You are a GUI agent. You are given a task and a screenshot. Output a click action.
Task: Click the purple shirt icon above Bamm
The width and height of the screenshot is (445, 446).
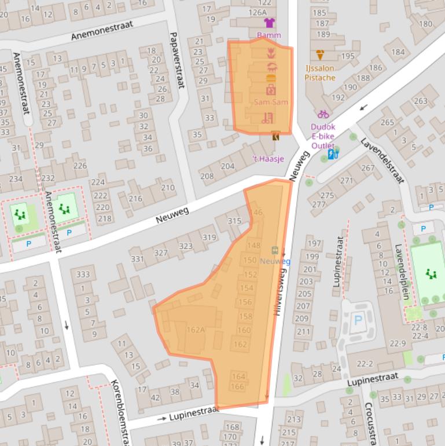pos(269,23)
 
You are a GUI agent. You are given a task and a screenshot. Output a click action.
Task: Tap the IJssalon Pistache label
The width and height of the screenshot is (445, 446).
pos(320,72)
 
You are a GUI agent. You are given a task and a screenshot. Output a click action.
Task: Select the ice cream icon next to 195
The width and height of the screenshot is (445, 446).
pos(320,55)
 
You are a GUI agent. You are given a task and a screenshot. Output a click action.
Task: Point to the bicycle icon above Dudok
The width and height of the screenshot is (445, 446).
pos(323,114)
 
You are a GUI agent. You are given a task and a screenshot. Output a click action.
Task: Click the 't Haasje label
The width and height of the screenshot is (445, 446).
pos(268,159)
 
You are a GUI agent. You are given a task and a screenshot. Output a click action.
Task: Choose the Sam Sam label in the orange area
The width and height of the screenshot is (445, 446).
pos(271,102)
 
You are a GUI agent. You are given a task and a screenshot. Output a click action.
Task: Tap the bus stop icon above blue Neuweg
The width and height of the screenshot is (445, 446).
pos(275,251)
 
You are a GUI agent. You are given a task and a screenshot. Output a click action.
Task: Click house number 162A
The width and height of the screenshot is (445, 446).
pos(196,330)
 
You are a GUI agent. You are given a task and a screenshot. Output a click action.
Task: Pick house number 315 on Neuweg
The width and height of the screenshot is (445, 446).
pos(234,221)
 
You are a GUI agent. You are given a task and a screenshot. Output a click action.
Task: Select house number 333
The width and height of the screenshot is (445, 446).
pos(83,274)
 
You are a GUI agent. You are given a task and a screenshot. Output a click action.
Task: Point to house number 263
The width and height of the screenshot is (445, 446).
pos(420,101)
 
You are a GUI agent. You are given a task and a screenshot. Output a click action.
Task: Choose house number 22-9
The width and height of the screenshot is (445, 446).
pos(398,343)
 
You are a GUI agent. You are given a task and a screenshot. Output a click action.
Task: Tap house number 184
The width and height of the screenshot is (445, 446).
pos(398,52)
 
